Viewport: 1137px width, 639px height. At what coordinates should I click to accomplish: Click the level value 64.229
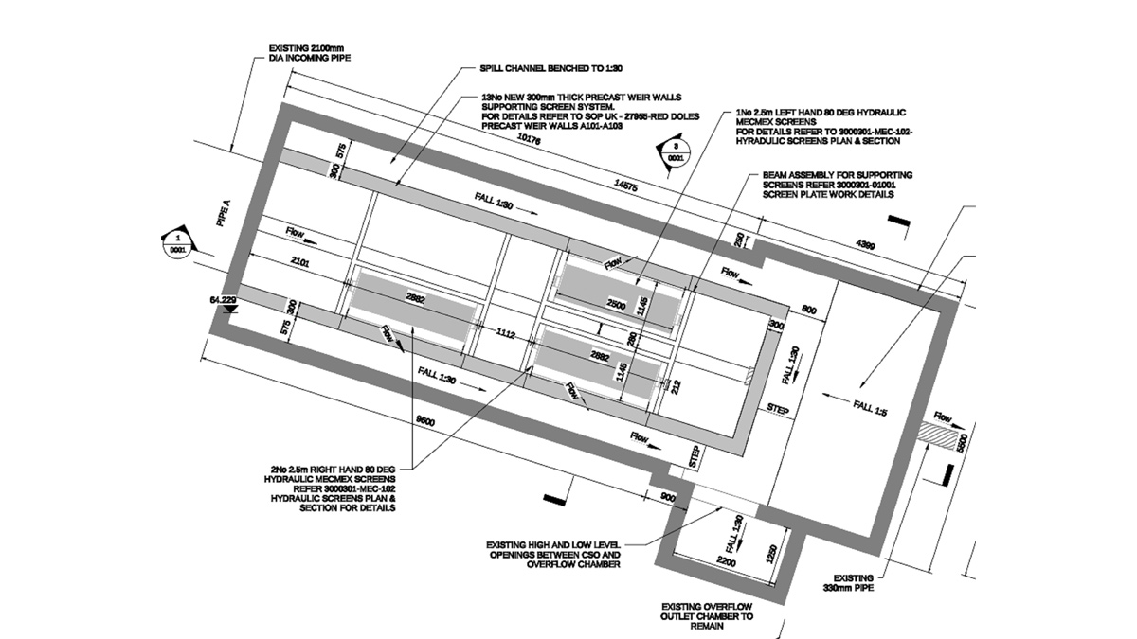tap(223, 300)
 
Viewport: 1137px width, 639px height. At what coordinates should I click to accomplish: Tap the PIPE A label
tap(224, 214)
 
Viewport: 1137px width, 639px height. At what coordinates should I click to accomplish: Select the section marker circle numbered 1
tap(177, 243)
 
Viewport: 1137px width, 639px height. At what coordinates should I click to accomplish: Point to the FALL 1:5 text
tap(868, 407)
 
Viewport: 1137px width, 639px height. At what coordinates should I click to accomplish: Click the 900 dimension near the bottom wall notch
tap(666, 498)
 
